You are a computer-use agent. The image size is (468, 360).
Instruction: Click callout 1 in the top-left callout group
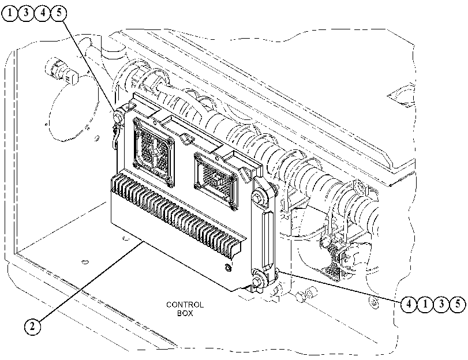pos(10,13)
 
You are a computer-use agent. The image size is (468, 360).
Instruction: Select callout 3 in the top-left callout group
pos(27,13)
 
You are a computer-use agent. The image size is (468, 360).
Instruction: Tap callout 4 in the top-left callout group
pos(43,13)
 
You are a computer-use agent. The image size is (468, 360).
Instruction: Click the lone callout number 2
pos(32,326)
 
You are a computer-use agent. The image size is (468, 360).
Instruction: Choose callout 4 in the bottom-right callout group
pos(409,304)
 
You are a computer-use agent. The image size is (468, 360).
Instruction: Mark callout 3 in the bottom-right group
pos(441,304)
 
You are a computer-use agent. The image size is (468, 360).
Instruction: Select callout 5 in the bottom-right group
pos(458,304)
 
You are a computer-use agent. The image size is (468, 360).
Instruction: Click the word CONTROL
pos(185,305)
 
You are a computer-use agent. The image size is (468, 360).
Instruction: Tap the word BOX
pos(185,313)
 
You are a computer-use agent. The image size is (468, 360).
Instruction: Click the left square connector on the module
pos(153,152)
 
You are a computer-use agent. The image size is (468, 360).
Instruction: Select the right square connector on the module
pos(216,181)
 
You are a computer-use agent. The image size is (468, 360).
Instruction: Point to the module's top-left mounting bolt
pos(118,115)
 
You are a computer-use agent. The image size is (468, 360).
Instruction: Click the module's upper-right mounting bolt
pos(257,198)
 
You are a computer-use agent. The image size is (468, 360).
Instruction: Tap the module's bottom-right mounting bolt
pos(256,282)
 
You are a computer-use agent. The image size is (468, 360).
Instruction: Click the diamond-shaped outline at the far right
pos(402,95)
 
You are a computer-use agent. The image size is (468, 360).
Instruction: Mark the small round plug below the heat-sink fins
pos(227,268)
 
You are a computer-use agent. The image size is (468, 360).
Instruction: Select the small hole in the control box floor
pos(85,262)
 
